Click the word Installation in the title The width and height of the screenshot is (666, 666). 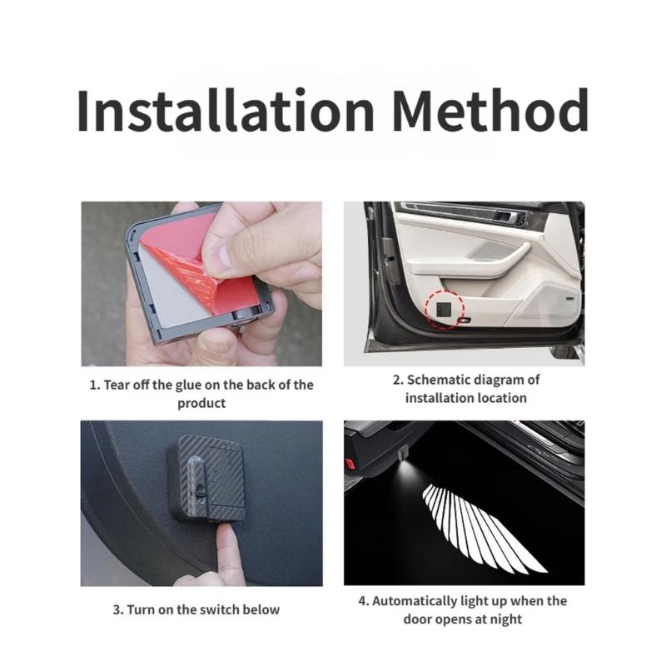pos(226,110)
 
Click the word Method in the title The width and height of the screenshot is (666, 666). pos(490,110)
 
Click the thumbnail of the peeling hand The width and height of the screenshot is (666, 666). pos(201,284)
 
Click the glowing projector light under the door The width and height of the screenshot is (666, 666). pos(404,466)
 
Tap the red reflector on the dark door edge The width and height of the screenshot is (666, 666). pos(350,463)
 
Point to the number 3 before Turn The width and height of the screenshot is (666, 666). pos(117,610)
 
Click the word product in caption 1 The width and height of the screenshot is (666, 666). pos(201,403)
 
